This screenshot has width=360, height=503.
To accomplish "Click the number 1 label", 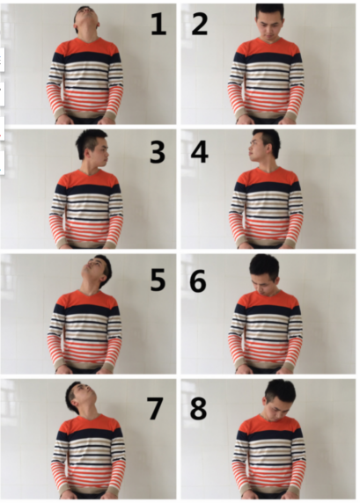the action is pos(158,24).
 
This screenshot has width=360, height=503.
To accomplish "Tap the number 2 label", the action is pos(200,24).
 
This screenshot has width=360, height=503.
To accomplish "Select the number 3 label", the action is pos(158,152).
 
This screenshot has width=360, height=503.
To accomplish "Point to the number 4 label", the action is pos(200,152).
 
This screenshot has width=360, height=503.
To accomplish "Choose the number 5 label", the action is pos(158,280).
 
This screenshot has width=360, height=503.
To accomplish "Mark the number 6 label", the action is pos(198,281).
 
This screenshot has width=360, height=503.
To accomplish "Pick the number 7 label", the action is pos(156,408).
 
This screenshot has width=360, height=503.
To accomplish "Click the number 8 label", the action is pos(198,408).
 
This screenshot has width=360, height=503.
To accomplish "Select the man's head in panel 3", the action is pos(92,146).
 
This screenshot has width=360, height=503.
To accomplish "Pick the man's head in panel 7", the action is pos(80,397).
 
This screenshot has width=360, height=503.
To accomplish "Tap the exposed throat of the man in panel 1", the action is pos(87,33).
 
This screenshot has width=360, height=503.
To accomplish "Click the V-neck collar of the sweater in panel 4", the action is pos(266,170).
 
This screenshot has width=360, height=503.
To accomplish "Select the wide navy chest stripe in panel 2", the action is pos(268,58).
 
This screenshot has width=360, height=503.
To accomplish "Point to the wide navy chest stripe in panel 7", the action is pos(91,435).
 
